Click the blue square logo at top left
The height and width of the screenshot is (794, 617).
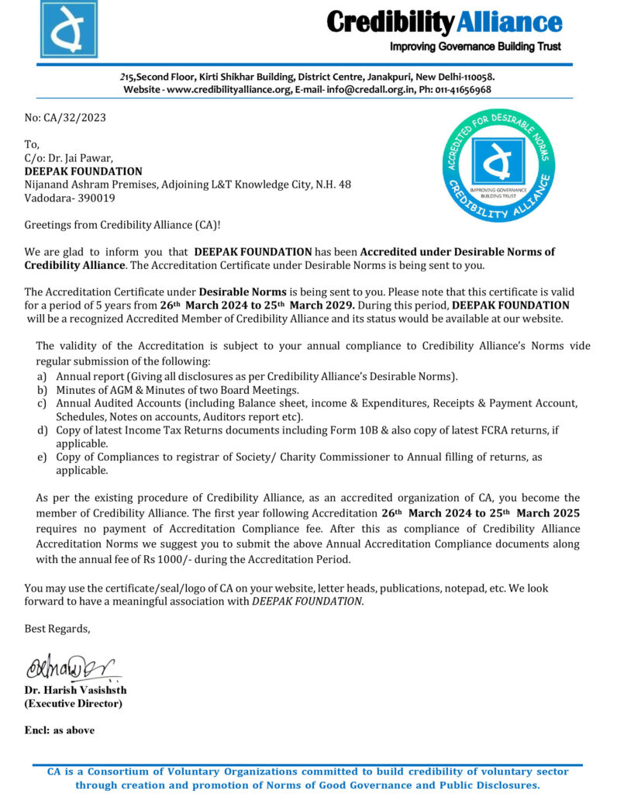pyautogui.click(x=69, y=29)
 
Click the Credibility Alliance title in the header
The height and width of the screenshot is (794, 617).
pyautogui.click(x=444, y=22)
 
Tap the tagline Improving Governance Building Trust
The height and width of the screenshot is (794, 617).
pyautogui.click(x=475, y=47)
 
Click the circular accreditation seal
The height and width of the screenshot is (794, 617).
pyautogui.click(x=498, y=164)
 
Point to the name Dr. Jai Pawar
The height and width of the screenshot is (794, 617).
pyautogui.click(x=81, y=158)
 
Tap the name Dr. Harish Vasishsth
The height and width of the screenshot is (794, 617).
pyautogui.click(x=75, y=690)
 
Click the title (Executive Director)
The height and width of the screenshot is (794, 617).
pyautogui.click(x=73, y=704)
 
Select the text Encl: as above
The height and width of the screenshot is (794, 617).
pyautogui.click(x=60, y=730)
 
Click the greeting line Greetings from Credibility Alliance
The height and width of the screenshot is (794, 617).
pyautogui.click(x=122, y=225)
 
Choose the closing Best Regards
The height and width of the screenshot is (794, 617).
pyautogui.click(x=57, y=629)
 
